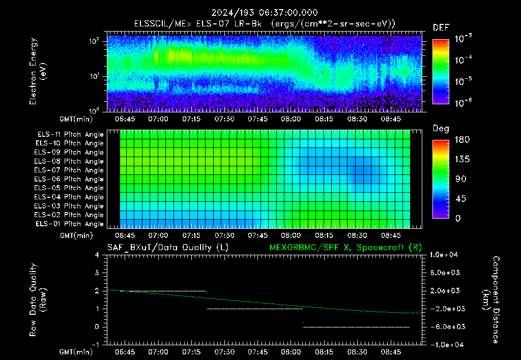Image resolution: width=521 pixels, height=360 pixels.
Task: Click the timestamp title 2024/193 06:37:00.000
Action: [265, 13]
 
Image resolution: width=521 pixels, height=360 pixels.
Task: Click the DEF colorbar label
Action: [441, 27]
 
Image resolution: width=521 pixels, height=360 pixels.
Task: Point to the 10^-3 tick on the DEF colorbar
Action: [463, 39]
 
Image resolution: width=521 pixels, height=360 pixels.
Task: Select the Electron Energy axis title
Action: [38, 71]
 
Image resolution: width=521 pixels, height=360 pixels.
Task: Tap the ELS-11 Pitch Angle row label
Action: [70, 135]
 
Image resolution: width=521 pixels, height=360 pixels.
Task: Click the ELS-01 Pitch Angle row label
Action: [70, 224]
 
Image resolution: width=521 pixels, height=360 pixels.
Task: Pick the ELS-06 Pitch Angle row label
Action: [69, 179]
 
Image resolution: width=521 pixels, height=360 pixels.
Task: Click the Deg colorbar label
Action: [441, 129]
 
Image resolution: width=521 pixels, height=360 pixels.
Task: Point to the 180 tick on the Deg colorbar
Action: [462, 139]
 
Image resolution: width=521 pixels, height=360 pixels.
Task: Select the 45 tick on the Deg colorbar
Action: [460, 199]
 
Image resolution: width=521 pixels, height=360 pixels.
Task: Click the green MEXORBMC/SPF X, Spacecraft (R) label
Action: [345, 248]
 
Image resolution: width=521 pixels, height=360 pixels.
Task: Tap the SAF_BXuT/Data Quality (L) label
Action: [168, 248]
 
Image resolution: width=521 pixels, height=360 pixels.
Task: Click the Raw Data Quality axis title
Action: [38, 300]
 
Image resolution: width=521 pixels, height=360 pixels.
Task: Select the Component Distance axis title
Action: [491, 300]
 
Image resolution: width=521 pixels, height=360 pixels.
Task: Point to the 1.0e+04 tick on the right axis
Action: [444, 255]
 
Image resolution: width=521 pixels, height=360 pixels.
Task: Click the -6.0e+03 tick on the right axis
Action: [445, 327]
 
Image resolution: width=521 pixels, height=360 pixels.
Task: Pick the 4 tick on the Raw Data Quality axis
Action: [97, 255]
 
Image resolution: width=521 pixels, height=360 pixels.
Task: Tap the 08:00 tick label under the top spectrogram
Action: [291, 119]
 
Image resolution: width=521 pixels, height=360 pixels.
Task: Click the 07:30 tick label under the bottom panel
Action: [224, 352]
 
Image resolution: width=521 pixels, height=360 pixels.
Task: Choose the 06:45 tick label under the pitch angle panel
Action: [125, 235]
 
